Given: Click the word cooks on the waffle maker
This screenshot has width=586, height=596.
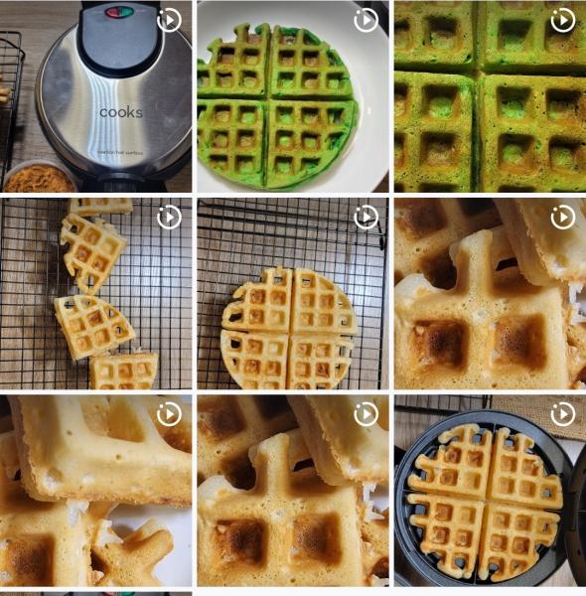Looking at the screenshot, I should (120, 112).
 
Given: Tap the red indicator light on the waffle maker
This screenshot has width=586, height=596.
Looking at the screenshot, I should (113, 13).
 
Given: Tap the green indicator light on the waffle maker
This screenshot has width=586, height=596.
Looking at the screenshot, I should (127, 13).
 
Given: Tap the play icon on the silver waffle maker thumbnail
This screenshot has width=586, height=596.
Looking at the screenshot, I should (169, 20).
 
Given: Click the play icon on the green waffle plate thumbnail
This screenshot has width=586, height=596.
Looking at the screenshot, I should (366, 20).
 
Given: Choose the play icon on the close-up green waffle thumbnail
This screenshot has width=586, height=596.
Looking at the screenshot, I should (563, 20).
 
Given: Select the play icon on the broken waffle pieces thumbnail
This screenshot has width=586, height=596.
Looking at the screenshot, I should (169, 217).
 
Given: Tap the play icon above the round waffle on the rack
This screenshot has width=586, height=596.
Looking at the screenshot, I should (366, 217).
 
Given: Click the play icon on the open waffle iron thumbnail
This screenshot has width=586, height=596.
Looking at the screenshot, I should (563, 413).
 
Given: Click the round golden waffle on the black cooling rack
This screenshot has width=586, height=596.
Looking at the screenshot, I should (289, 328).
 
